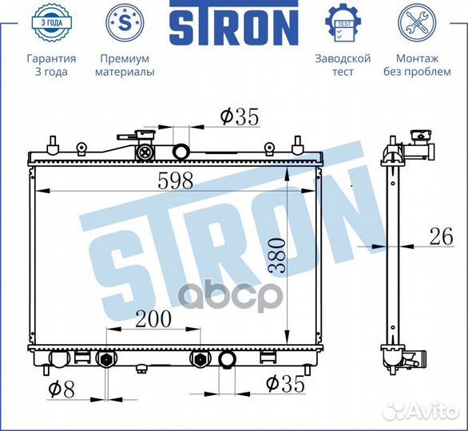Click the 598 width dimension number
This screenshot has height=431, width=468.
click(176, 180)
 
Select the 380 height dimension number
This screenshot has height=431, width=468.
click(276, 255)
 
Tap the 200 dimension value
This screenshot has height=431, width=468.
click(153, 318)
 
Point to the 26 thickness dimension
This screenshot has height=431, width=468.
click(441, 236)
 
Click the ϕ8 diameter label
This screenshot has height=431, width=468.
click(61, 389)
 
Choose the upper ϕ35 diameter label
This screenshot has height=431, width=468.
click(239, 117)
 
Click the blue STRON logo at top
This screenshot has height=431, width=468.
click(234, 23)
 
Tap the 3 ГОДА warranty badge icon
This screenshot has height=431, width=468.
click(51, 22)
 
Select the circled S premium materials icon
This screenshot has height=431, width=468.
click(125, 22)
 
